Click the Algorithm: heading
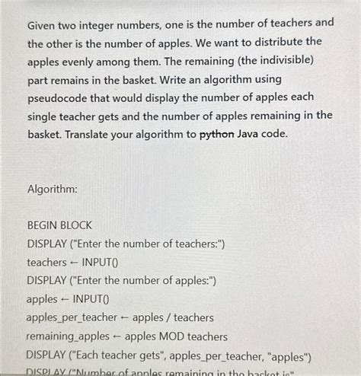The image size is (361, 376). point(55,188)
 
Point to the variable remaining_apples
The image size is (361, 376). point(69,336)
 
